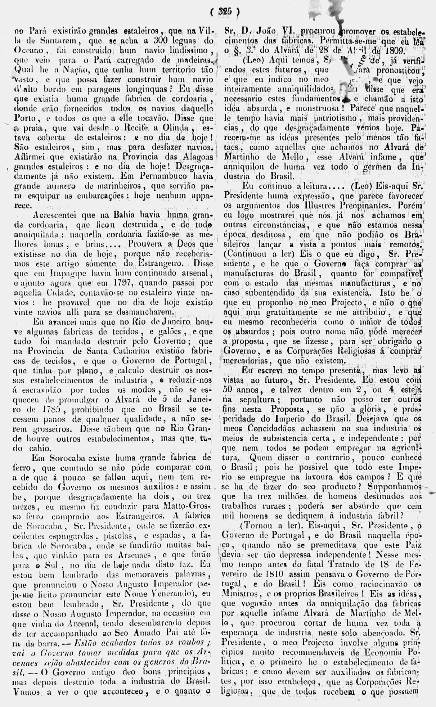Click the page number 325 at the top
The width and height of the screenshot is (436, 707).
[225, 12]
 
